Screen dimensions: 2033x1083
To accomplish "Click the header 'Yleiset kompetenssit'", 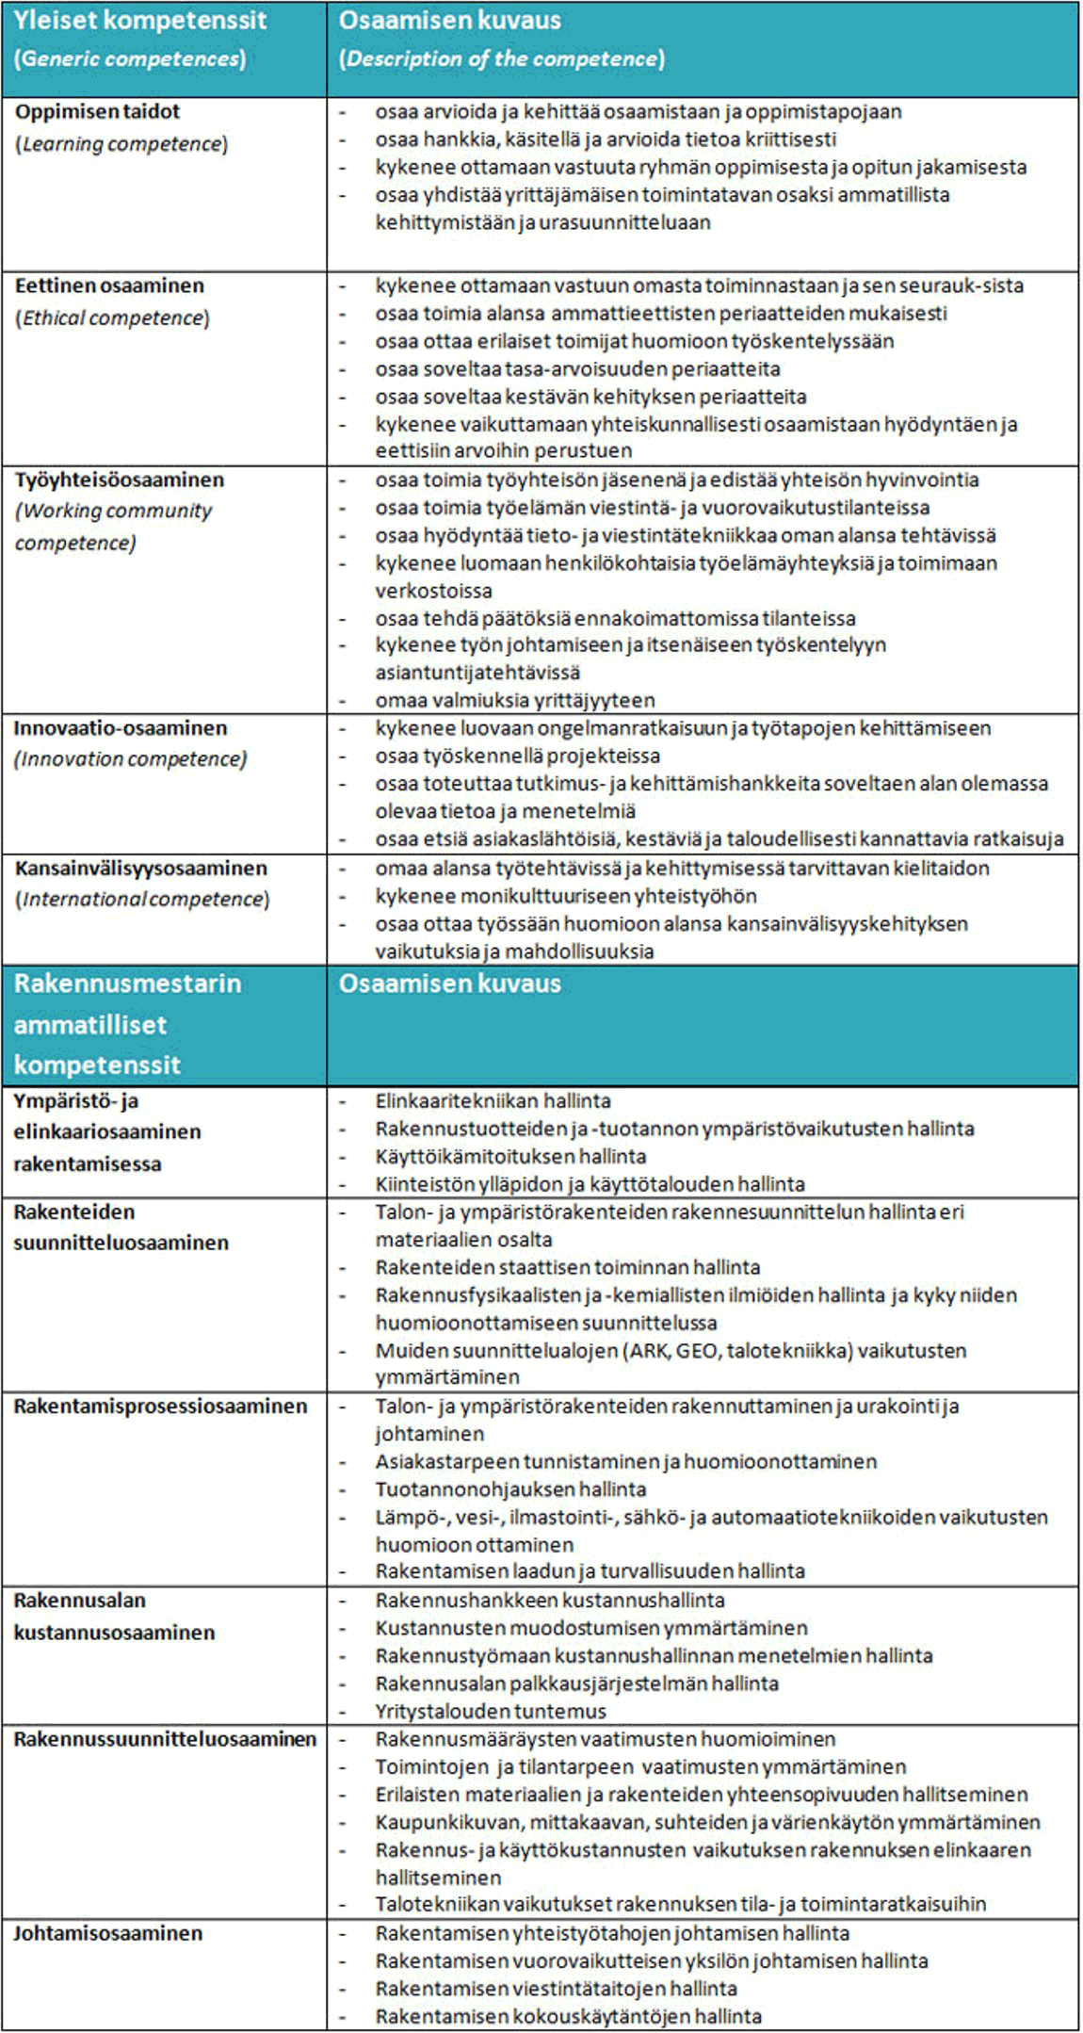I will coord(140,21).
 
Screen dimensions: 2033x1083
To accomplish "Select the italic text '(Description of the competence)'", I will coord(502,58).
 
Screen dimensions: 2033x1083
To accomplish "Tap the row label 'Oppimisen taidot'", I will coord(97,111).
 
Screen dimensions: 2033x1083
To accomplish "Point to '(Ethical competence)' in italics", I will coord(112,318).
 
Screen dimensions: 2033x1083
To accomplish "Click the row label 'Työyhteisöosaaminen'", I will coord(120,480).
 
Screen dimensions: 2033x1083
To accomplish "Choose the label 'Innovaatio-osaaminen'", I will coord(120,728).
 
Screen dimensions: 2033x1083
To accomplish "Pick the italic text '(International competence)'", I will coord(142,900).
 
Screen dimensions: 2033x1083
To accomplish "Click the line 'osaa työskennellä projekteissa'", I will coord(517,756).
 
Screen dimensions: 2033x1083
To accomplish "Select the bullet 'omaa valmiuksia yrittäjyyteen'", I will coord(514,700).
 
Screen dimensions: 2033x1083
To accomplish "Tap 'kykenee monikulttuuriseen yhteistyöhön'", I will coord(566,896).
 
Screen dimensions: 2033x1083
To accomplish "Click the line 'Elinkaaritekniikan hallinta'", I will coord(493,1100).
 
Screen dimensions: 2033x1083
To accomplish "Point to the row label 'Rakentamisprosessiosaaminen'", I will coord(160,1406).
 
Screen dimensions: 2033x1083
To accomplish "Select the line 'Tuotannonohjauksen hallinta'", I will coord(510,1489).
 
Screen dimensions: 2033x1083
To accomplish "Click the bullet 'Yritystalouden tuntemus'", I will coord(491,1711).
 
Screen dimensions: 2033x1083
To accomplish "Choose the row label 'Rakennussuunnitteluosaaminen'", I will coord(165,1739).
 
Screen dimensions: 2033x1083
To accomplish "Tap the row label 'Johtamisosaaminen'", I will coord(107,1933).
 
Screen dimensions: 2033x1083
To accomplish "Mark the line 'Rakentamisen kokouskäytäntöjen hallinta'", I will coord(568,2017).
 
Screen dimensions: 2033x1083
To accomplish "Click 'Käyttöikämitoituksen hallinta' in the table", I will coord(510,1156).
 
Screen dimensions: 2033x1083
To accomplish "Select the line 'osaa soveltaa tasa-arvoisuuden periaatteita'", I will coord(577,369).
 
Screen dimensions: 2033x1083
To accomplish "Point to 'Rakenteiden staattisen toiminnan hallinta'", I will coord(567,1267).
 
